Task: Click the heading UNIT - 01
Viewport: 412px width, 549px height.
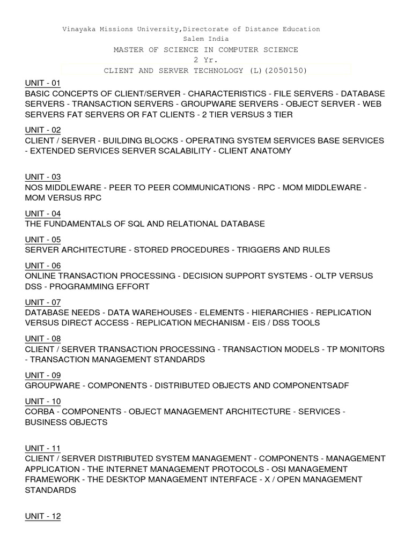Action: (x=43, y=83)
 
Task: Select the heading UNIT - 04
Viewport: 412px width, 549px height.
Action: (x=43, y=213)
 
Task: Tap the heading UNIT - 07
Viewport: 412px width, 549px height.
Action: (x=43, y=302)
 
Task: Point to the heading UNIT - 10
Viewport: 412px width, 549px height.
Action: (x=43, y=402)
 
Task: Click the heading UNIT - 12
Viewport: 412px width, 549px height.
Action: (x=43, y=516)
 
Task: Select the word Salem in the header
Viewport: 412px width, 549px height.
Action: (x=194, y=39)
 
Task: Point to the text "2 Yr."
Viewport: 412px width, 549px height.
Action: (x=205, y=60)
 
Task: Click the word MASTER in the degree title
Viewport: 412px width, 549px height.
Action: (x=128, y=49)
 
